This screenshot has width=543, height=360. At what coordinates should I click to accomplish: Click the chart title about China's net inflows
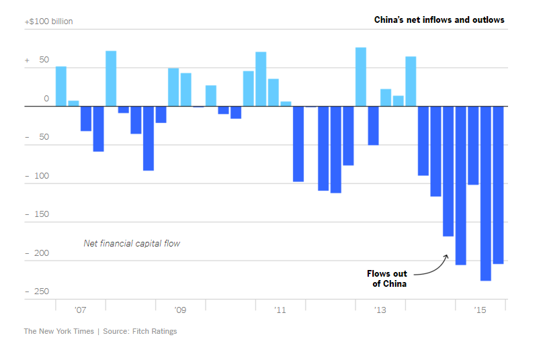tap(439, 20)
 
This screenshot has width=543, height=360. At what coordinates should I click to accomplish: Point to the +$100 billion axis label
tap(48, 21)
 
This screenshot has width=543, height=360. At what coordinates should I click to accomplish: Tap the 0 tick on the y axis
tap(46, 99)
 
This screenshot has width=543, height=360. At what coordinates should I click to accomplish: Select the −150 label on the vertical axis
tap(38, 214)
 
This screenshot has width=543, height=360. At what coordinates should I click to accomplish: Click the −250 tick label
tap(38, 291)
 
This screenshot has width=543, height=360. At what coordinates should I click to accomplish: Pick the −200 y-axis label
tap(38, 253)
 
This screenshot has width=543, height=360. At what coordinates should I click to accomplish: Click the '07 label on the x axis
tap(80, 310)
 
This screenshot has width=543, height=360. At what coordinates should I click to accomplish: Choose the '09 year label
tap(180, 310)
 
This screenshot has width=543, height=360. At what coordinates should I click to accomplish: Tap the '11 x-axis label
tap(280, 310)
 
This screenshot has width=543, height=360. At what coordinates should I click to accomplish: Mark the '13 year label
tap(380, 310)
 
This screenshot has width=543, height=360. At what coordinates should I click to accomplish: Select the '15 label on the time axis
tap(480, 310)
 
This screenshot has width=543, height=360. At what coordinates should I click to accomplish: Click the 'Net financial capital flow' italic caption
tap(132, 243)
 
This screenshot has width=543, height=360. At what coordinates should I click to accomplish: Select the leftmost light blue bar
tap(60, 86)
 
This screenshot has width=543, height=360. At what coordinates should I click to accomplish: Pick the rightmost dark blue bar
tap(498, 185)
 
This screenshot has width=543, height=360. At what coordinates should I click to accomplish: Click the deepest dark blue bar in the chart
tap(485, 193)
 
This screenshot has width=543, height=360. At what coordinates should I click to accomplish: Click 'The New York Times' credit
tap(58, 331)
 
